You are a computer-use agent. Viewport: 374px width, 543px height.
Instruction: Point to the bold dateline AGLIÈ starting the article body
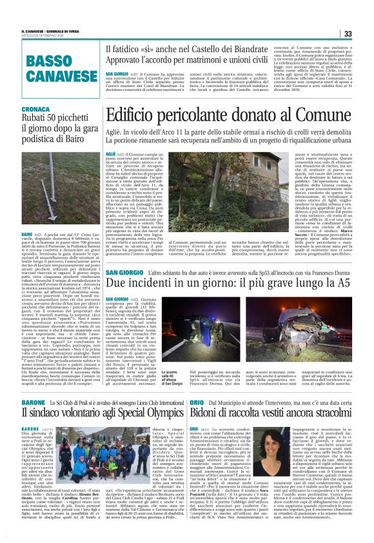click(x=111, y=155)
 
